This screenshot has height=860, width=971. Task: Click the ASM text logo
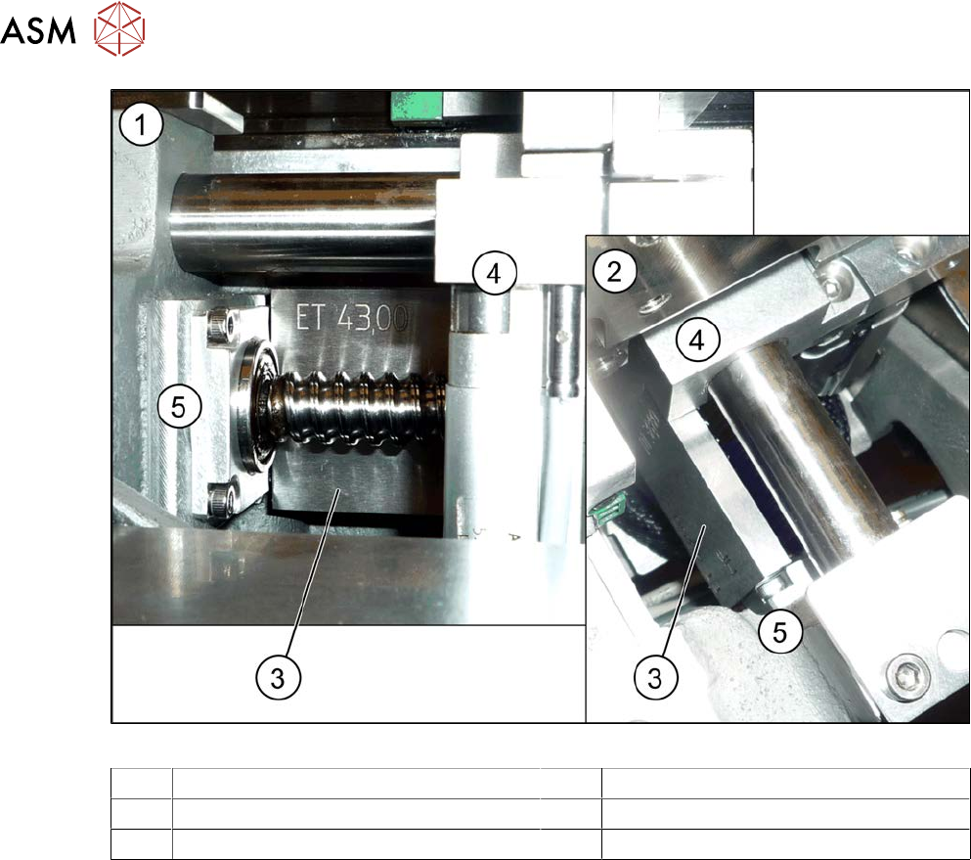[38, 30]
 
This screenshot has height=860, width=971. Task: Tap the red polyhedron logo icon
[119, 28]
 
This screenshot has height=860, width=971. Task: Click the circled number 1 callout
[141, 125]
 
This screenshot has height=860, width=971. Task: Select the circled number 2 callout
[614, 271]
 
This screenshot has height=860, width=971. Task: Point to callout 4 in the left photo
[494, 273]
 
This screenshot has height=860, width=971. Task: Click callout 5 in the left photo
[178, 407]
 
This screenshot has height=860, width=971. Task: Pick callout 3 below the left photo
[278, 678]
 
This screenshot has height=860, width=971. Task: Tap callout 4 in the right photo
[697, 339]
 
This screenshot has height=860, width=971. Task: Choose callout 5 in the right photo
[780, 632]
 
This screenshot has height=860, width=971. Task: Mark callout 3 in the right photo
[655, 678]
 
